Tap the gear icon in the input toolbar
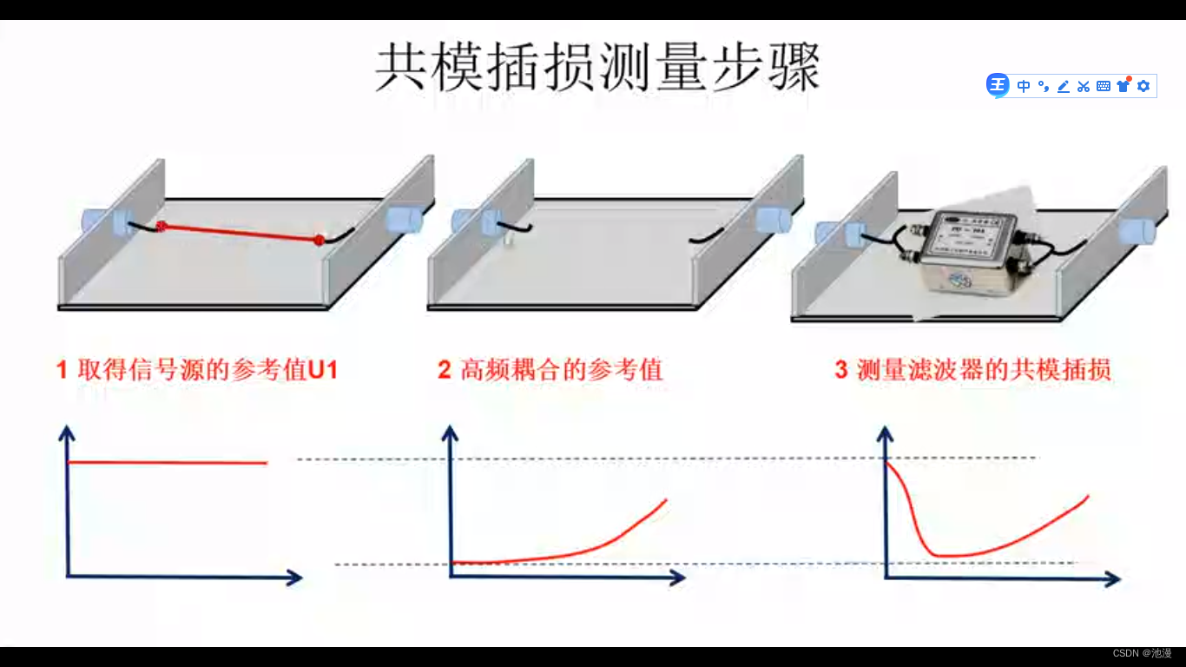[1143, 86]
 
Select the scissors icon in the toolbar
[1083, 86]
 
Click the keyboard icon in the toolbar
[1104, 86]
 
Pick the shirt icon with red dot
[1123, 85]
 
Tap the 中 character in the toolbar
[1024, 86]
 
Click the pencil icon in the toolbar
[1063, 86]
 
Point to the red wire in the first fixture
[240, 233]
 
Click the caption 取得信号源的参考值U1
[208, 370]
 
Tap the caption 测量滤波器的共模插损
[984, 370]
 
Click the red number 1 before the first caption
[62, 371]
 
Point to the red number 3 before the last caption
[840, 371]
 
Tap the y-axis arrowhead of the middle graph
[450, 432]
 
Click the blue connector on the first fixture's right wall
[404, 220]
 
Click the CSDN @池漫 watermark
[1142, 653]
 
